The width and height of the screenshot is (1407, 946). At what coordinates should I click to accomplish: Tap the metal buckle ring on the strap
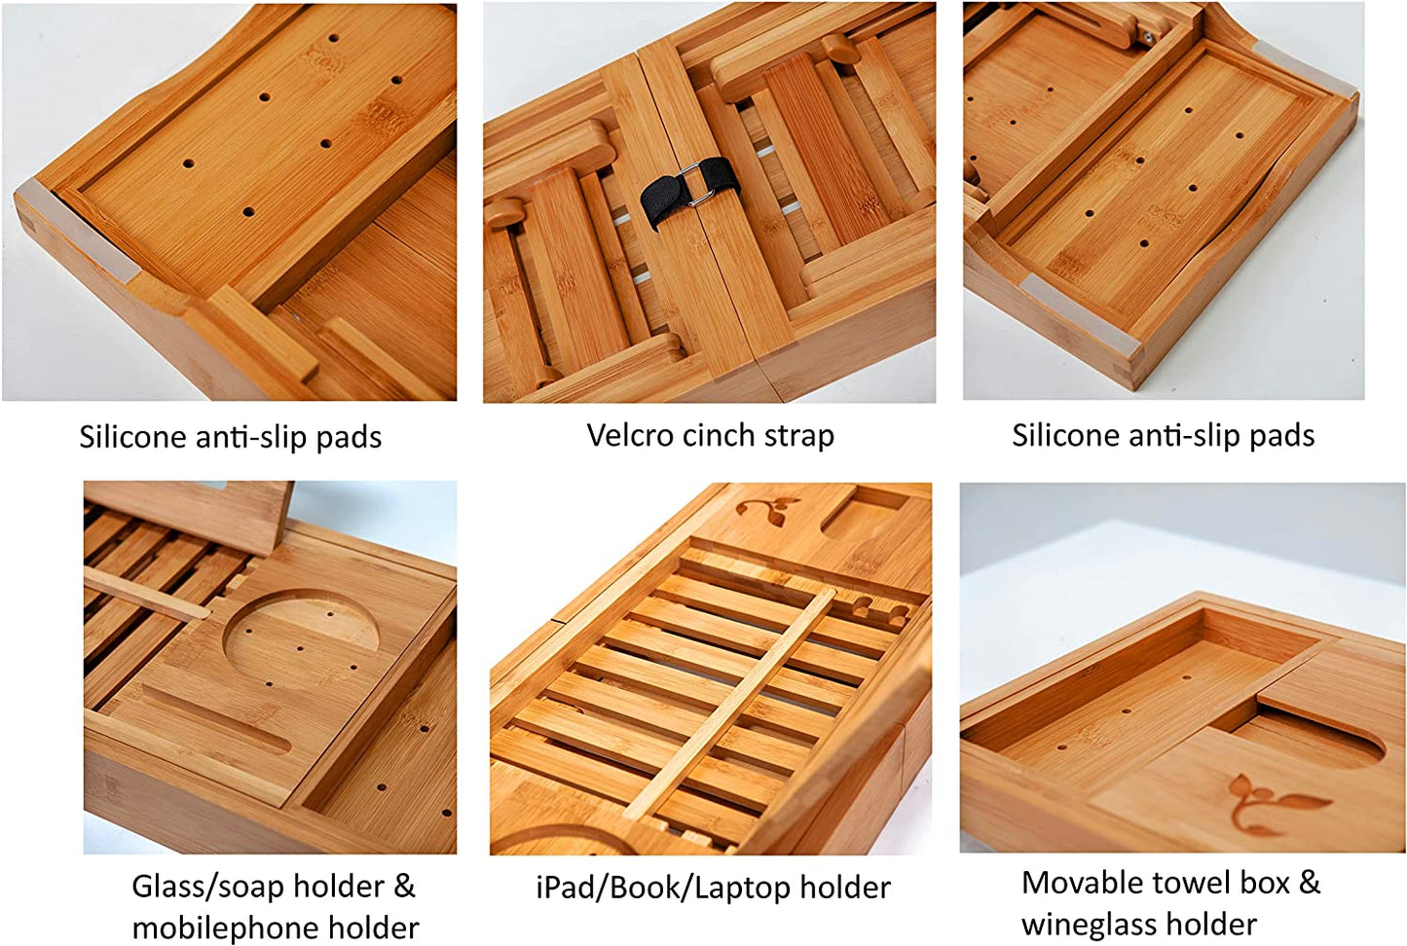click(696, 184)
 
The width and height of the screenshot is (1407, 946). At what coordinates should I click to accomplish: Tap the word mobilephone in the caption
click(223, 928)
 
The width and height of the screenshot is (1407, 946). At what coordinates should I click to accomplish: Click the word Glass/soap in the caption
click(207, 888)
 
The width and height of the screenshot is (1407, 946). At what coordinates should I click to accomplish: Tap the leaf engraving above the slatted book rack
click(767, 508)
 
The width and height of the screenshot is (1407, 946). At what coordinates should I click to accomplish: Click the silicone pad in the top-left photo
click(75, 230)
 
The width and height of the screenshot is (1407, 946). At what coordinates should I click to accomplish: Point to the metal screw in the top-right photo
click(1148, 36)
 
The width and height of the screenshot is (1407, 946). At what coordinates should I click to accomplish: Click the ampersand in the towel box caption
click(1309, 883)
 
